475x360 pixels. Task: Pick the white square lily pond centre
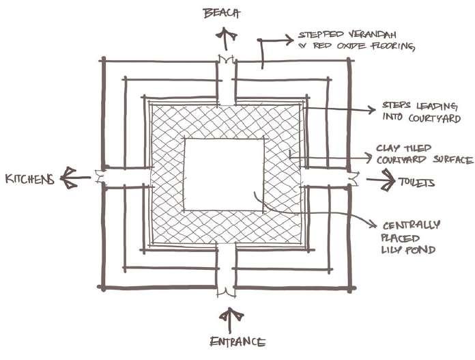[224, 174]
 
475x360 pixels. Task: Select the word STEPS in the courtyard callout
[382, 107]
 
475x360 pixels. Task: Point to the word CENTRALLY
[403, 225]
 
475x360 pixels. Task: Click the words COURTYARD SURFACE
[424, 160]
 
